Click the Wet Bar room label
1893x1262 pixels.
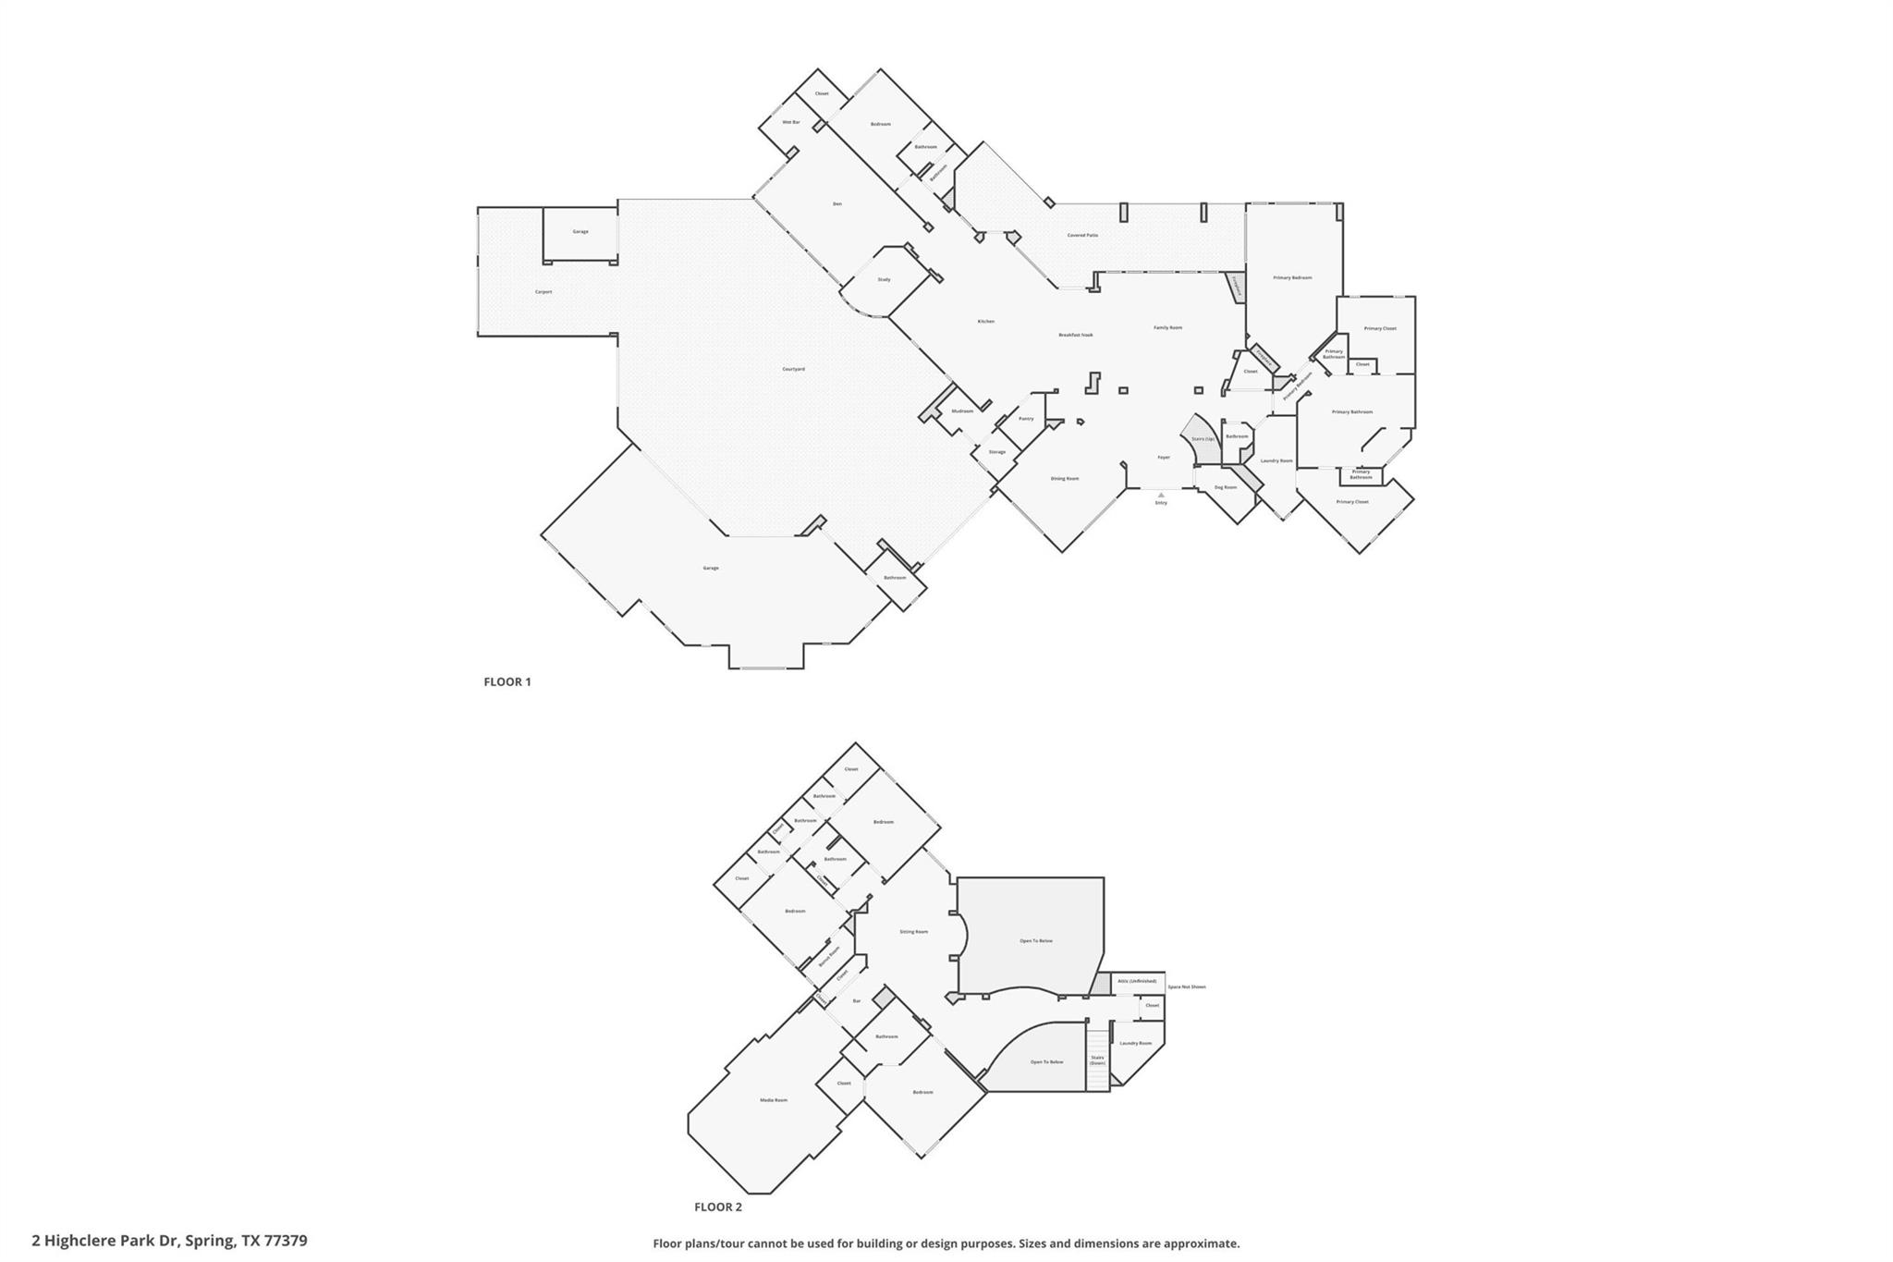click(x=791, y=122)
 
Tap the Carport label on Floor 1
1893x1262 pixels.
click(x=543, y=292)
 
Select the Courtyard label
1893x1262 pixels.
click(x=793, y=369)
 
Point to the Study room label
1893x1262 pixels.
click(x=884, y=279)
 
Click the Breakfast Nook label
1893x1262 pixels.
click(x=1075, y=335)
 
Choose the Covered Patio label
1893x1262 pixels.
click(x=1082, y=235)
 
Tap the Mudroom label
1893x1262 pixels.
click(x=962, y=410)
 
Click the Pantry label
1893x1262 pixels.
click(x=1026, y=419)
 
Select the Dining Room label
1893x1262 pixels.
click(x=1065, y=479)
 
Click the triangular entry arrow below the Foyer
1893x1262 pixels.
click(x=1161, y=495)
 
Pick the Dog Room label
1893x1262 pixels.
click(x=1226, y=487)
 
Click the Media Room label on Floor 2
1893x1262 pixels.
click(x=774, y=1100)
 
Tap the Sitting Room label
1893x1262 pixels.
click(x=913, y=932)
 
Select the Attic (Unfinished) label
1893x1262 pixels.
click(x=1136, y=981)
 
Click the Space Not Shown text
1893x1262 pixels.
click(x=1186, y=987)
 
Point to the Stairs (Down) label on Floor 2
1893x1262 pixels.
click(x=1097, y=1060)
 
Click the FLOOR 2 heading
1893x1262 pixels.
click(x=718, y=1207)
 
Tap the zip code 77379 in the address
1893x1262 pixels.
click(x=286, y=1241)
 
